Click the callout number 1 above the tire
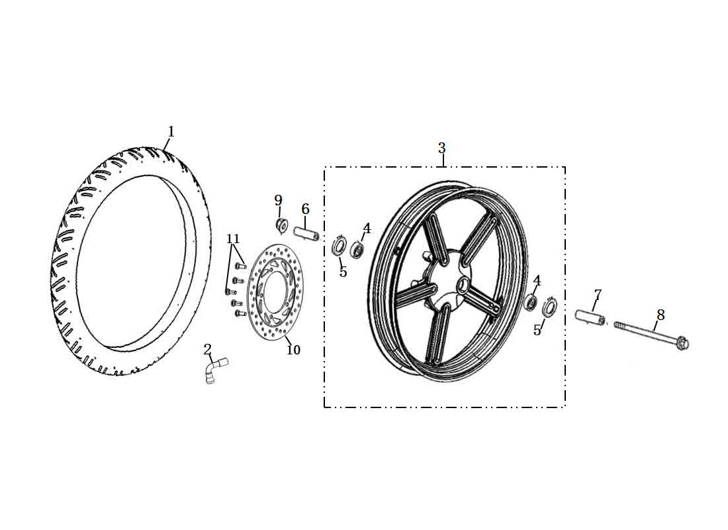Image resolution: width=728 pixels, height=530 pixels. coord(171,132)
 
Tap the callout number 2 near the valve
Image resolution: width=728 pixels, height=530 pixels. coord(207,349)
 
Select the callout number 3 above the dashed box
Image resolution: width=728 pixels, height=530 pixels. coord(441,148)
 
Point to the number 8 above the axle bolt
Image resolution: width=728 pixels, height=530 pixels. coord(660,315)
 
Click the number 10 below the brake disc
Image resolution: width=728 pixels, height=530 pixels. coord(293,350)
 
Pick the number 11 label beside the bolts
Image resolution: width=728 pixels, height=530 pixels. coord(233,239)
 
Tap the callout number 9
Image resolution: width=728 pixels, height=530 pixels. coord(278,200)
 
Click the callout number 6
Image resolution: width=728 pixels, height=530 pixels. coord(305,209)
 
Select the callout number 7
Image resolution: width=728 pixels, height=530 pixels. coord(598,295)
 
